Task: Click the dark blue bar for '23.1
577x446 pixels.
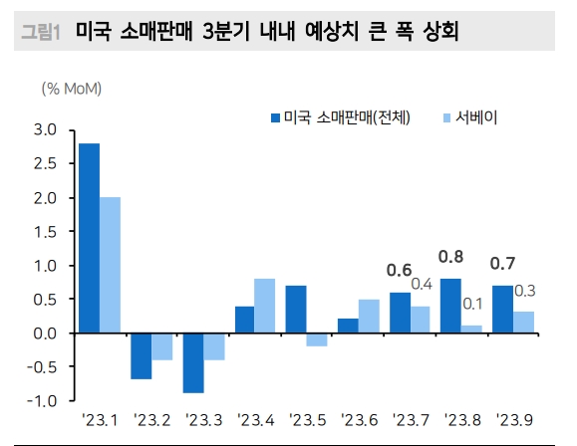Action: (89, 238)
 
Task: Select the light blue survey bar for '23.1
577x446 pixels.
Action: (110, 265)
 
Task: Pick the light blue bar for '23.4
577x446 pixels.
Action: (264, 306)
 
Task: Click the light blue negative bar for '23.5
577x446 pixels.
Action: (316, 339)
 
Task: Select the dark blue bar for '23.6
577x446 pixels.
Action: (348, 326)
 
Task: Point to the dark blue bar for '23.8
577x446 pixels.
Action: (450, 306)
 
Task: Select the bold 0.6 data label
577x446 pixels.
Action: (399, 270)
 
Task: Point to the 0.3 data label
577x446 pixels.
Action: (525, 291)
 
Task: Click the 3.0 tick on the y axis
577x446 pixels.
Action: (45, 129)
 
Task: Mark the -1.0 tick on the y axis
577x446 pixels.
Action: (43, 400)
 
